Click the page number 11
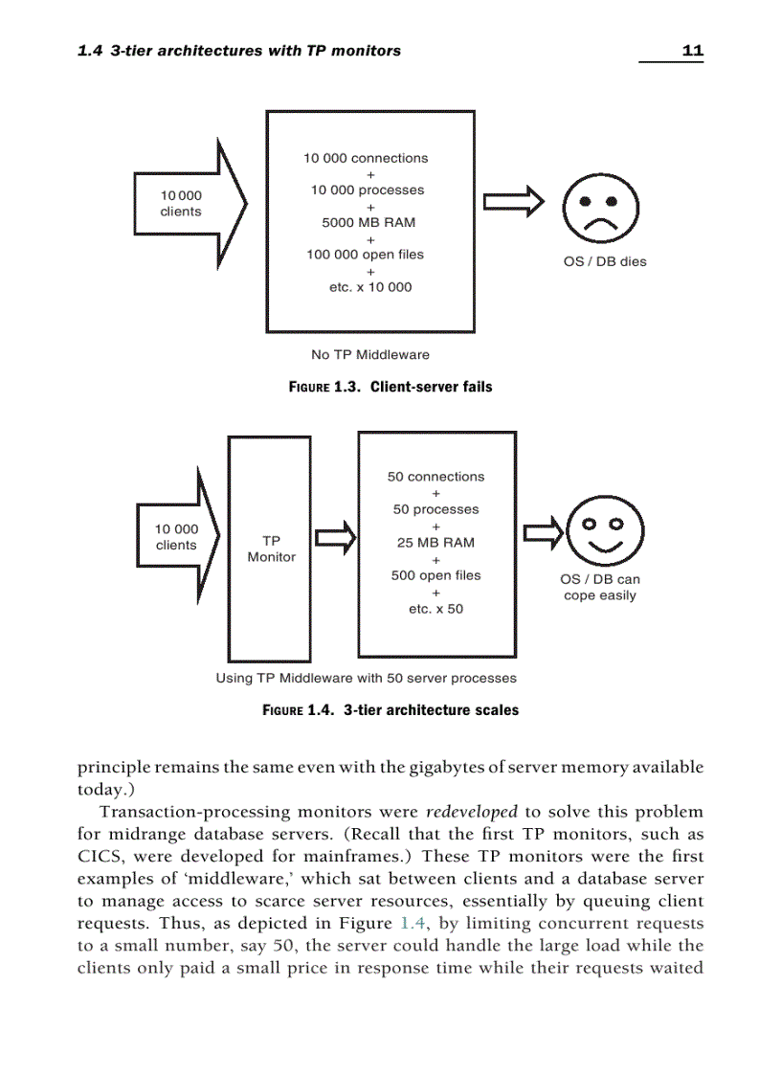[692, 51]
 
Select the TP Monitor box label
[271, 549]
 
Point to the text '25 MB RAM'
[435, 543]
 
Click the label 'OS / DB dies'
[604, 261]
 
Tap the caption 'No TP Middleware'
[370, 354]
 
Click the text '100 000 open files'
[365, 255]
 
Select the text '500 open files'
[435, 575]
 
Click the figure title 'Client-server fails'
[431, 387]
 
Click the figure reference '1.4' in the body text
[409, 924]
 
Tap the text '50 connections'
[435, 477]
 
